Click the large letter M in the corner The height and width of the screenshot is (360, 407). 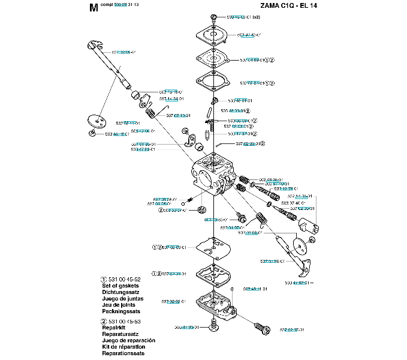[92, 8]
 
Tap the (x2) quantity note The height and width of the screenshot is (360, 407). [256, 17]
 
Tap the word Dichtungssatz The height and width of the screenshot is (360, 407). [121, 292]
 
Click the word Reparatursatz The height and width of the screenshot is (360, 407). [121, 335]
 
